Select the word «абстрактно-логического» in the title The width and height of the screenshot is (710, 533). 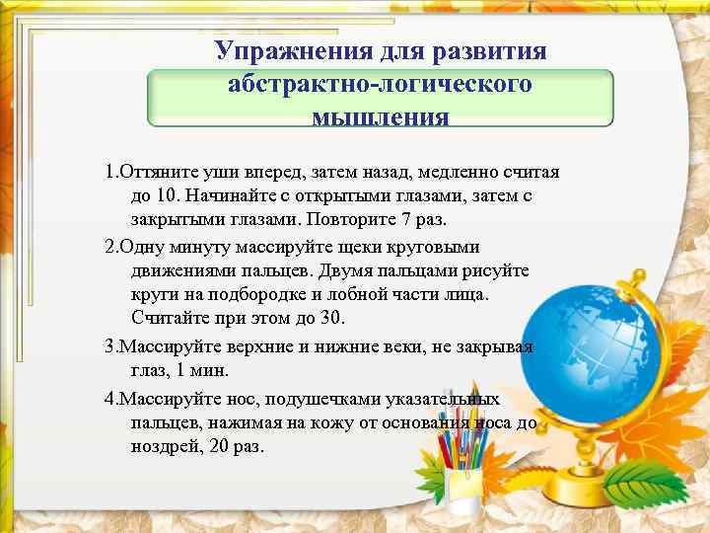pyautogui.click(x=380, y=84)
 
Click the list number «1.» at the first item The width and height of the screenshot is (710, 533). pyautogui.click(x=111, y=173)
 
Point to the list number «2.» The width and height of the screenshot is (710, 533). pyautogui.click(x=111, y=246)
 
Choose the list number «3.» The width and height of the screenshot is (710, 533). pyautogui.click(x=111, y=347)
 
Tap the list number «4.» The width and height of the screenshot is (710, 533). pyautogui.click(x=111, y=400)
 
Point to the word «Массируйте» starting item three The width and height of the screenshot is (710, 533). pyautogui.click(x=169, y=347)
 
